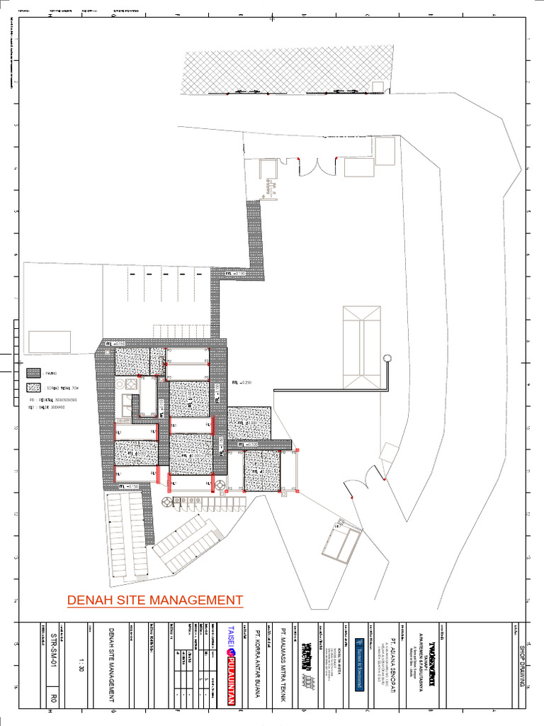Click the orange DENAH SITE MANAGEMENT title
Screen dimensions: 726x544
click(154, 601)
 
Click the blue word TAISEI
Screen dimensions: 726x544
click(230, 637)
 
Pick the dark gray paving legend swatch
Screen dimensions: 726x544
click(33, 372)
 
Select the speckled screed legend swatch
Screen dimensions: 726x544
click(33, 387)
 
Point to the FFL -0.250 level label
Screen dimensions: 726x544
click(242, 382)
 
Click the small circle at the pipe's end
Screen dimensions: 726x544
click(387, 358)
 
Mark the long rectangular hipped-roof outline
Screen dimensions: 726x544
click(361, 347)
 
